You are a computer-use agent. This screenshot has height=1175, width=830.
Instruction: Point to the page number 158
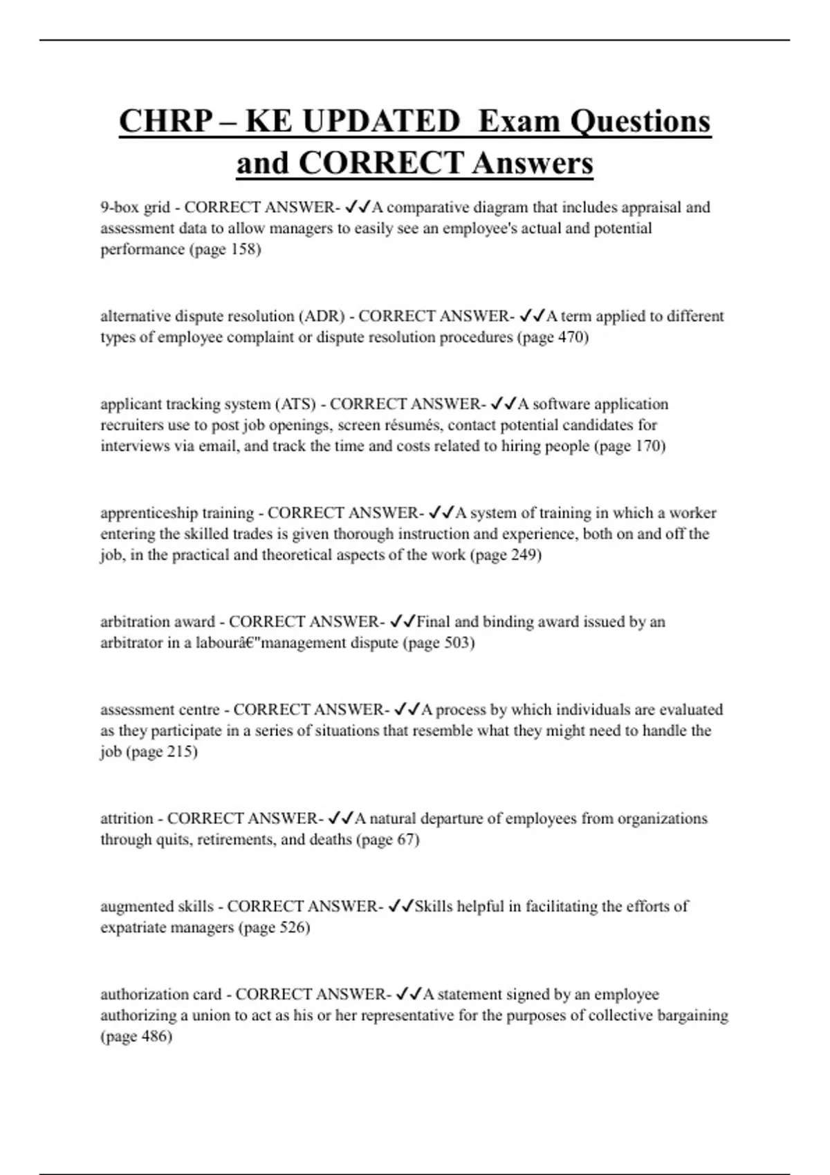[245, 250]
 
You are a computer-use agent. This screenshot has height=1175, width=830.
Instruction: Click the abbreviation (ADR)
[322, 317]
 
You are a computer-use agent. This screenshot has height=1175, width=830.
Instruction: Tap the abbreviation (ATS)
[295, 404]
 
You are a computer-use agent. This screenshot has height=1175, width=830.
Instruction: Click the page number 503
[458, 643]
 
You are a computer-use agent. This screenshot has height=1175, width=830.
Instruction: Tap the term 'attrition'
[127, 818]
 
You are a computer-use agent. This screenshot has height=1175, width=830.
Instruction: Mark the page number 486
[156, 1037]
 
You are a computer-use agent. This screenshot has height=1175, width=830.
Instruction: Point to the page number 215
[181, 752]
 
